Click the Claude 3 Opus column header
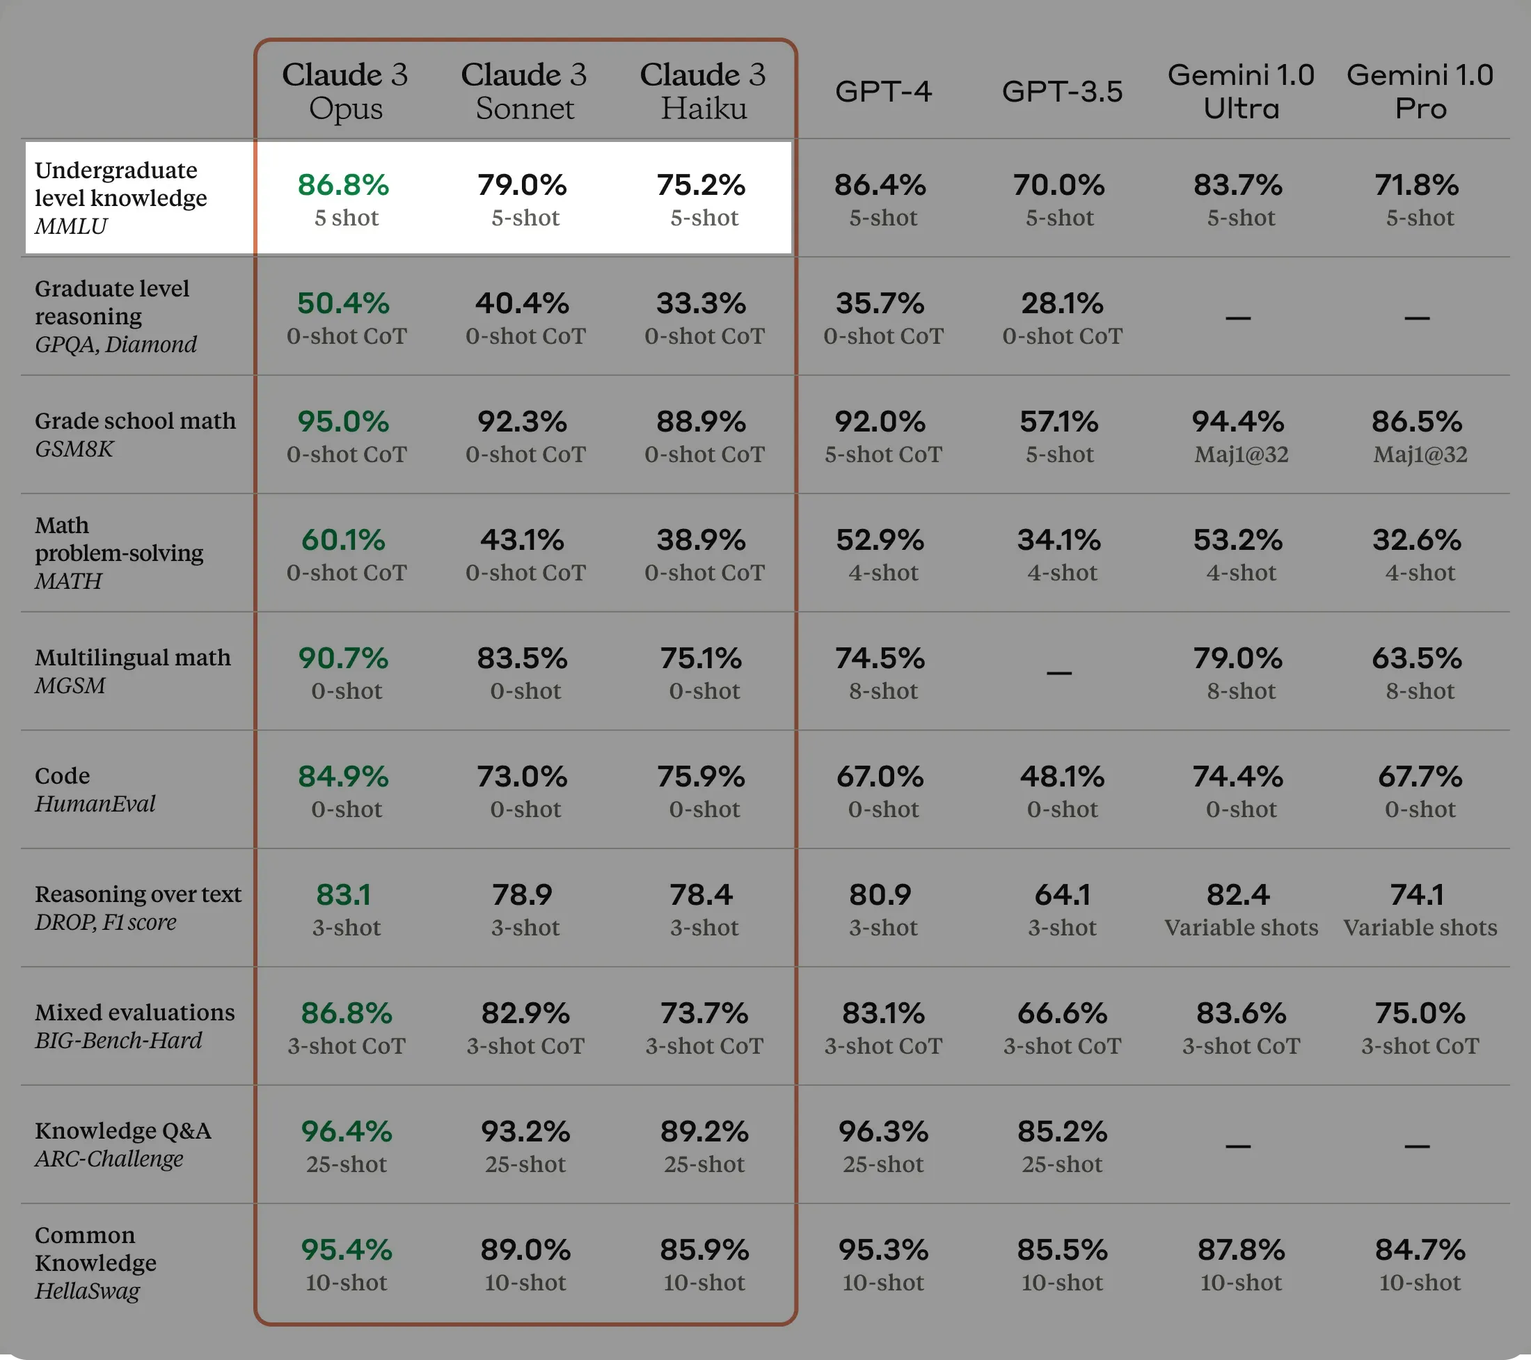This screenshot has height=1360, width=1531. (x=345, y=90)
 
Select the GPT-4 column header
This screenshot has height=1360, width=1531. (x=883, y=91)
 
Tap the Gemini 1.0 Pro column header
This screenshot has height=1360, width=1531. (x=1420, y=90)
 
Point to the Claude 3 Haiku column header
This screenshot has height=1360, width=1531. (x=703, y=90)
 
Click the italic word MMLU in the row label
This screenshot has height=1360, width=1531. (x=71, y=226)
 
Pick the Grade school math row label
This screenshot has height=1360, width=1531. (x=135, y=421)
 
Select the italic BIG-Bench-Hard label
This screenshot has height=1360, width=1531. (x=118, y=1040)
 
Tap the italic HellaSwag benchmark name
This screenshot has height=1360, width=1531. (x=87, y=1290)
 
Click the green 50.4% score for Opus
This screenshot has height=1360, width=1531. (x=343, y=303)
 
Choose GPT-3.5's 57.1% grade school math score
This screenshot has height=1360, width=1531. (x=1059, y=422)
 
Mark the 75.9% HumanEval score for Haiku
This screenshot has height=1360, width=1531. (x=701, y=777)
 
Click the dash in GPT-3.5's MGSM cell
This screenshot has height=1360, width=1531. (x=1059, y=672)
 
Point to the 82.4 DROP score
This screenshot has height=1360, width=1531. (x=1238, y=894)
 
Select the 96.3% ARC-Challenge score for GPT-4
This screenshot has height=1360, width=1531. (x=883, y=1132)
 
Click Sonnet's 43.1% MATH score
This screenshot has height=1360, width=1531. (x=523, y=540)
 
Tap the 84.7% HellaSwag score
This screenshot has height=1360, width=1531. (x=1420, y=1250)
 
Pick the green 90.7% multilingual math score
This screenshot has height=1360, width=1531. (x=343, y=658)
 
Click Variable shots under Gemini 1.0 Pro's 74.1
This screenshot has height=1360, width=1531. (x=1420, y=928)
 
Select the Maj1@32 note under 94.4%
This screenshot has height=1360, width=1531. (x=1241, y=454)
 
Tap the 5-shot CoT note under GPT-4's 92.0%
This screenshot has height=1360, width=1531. (x=883, y=454)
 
